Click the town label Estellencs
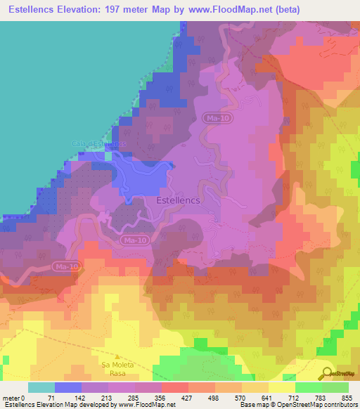(176, 200)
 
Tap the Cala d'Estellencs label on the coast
(98, 143)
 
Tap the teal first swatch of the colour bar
(41, 387)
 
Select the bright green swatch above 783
(308, 387)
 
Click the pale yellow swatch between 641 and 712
(281, 387)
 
